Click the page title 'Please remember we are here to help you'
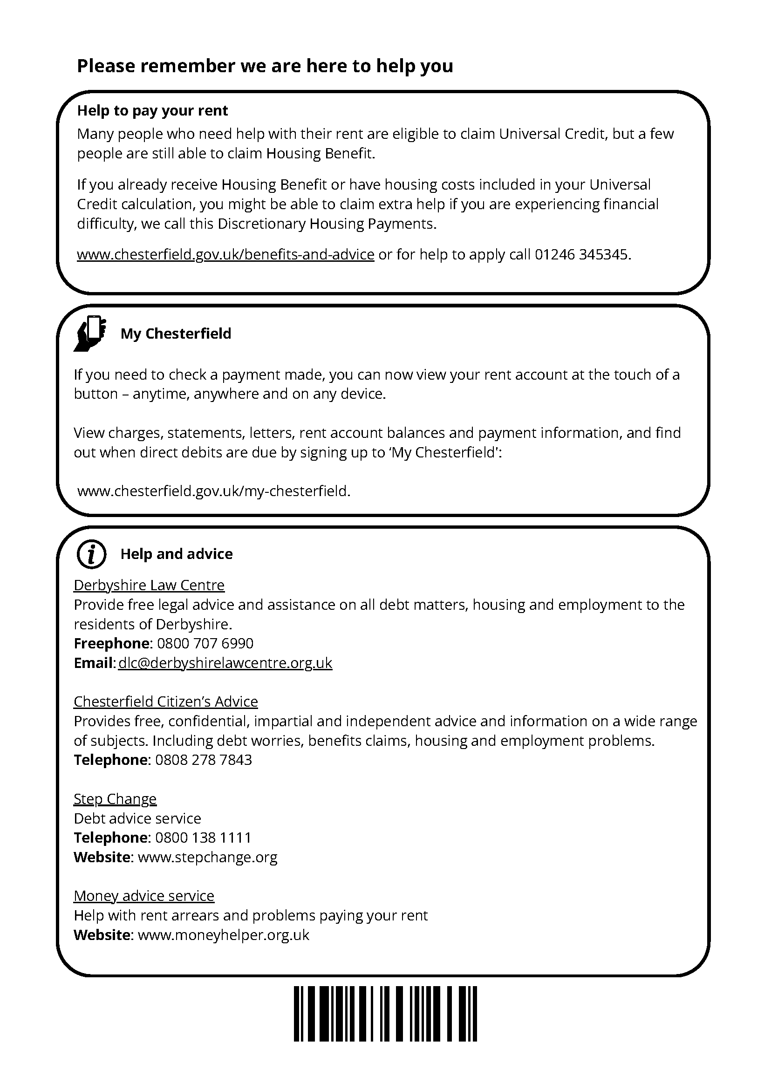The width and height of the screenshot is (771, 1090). point(265,66)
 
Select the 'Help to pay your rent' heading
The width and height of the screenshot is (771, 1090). point(152,110)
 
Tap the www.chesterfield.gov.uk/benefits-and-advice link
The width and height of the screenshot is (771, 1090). point(225,255)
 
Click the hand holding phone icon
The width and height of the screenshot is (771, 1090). point(90,333)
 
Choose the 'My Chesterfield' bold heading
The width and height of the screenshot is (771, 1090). point(176,334)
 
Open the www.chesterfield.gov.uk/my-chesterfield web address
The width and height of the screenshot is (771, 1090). point(213,491)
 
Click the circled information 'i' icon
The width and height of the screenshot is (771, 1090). point(91,554)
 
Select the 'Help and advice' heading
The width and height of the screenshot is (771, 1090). point(176,554)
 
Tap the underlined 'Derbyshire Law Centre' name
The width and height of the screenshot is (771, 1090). point(149,586)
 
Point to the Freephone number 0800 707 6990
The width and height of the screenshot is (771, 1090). point(205,644)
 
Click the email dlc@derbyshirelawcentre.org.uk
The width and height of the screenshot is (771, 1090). point(225,663)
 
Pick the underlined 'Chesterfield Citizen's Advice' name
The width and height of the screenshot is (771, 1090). point(166,702)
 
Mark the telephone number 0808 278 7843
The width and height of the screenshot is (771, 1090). point(204,760)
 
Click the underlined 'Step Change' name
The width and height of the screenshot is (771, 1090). point(115,799)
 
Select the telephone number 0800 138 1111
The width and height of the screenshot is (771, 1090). point(203,838)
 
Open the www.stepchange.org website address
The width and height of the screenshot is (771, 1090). point(207,858)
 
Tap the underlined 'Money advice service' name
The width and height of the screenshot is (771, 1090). point(144,896)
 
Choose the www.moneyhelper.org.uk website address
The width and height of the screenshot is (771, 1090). point(223,935)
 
